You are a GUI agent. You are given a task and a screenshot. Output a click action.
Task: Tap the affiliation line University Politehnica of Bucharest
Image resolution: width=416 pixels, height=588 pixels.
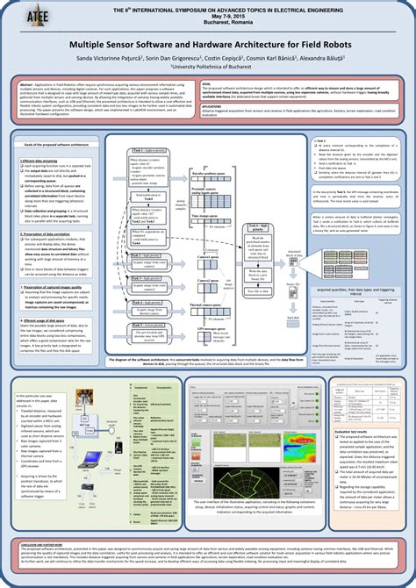pyautogui.click(x=208, y=65)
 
